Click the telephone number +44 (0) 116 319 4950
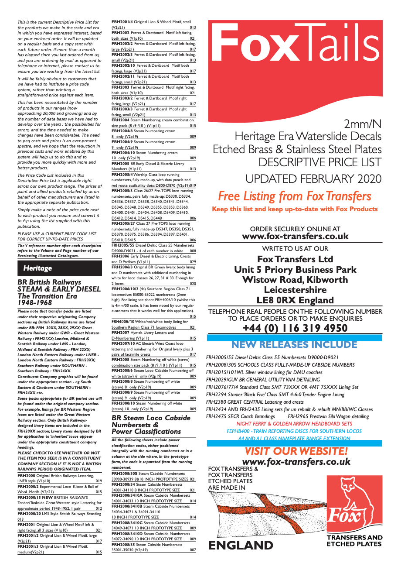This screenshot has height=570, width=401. point(295,328)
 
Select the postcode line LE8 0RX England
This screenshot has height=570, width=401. point(295,300)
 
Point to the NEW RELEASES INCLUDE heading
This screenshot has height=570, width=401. point(294,345)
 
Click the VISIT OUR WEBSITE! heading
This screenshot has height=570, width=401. point(296,451)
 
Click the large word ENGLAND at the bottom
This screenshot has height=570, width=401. point(241,545)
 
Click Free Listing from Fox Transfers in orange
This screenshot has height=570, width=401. point(295,196)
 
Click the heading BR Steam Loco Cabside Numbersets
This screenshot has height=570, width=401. point(151,424)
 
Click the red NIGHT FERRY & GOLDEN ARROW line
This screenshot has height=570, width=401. point(294,424)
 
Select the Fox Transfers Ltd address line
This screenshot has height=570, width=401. point(295,259)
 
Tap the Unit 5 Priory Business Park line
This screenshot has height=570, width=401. point(295,270)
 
